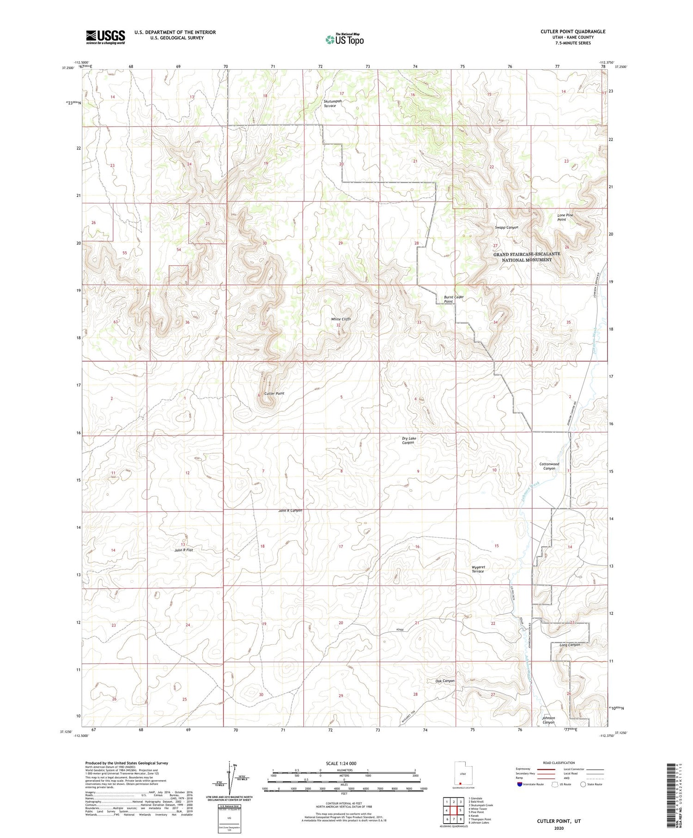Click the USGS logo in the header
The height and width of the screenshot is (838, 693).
(105, 37)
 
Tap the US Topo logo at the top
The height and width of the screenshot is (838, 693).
(345, 40)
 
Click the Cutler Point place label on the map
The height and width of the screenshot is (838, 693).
(274, 393)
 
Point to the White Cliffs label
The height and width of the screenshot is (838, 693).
(340, 319)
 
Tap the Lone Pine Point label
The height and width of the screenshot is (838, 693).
(565, 217)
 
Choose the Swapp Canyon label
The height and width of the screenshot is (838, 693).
(506, 227)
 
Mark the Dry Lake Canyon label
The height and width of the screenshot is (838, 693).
(408, 440)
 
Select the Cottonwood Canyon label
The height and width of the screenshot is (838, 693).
(549, 466)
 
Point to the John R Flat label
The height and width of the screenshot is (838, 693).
(183, 550)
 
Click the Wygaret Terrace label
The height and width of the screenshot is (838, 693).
(478, 569)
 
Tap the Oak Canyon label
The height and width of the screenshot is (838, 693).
(444, 681)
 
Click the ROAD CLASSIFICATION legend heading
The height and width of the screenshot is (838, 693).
(559, 763)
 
